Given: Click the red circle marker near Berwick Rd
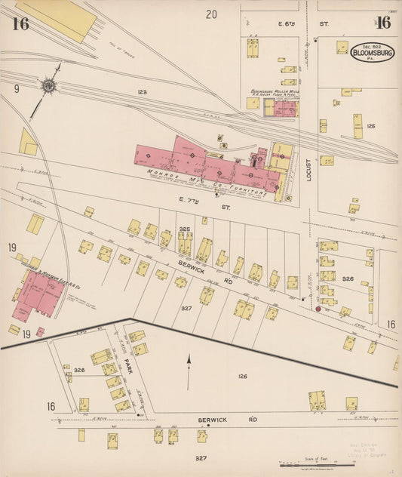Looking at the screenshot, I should (x=318, y=308).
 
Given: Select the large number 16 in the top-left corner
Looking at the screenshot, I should (x=20, y=23).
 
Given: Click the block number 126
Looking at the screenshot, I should (x=243, y=376).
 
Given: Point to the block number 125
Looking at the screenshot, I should (x=370, y=126).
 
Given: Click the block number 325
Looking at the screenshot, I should (x=184, y=229).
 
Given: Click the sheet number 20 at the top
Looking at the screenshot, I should (x=211, y=14).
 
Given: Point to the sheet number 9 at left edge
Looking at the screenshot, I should (x=16, y=88).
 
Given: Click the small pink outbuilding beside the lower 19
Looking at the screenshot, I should (x=40, y=331).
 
